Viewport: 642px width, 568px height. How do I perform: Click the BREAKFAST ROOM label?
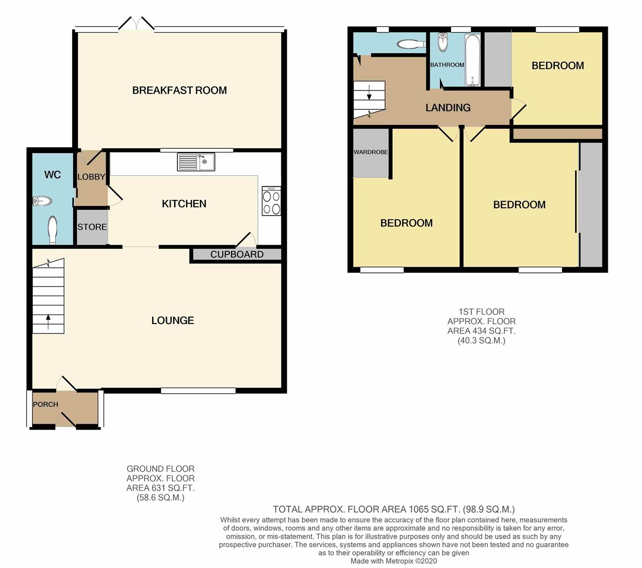click(x=179, y=90)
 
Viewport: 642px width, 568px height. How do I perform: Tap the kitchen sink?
click(x=196, y=162)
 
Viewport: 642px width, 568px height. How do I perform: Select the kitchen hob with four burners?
click(x=272, y=201)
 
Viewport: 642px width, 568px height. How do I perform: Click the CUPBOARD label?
click(x=237, y=255)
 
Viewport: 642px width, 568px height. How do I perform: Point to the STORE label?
click(x=92, y=227)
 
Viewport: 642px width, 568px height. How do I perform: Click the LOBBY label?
click(x=92, y=177)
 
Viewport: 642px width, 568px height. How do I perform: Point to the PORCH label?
click(x=45, y=404)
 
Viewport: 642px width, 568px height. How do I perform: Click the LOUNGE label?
click(x=173, y=320)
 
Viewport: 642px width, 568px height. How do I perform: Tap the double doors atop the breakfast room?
click(x=136, y=24)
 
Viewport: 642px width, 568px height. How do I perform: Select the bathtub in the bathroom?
click(x=473, y=60)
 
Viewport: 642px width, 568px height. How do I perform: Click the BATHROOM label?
click(x=447, y=65)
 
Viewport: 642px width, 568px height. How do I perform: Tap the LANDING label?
click(x=448, y=108)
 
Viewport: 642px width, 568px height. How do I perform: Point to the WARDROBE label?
click(x=370, y=152)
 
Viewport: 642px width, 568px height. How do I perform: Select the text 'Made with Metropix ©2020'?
click(x=394, y=561)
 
